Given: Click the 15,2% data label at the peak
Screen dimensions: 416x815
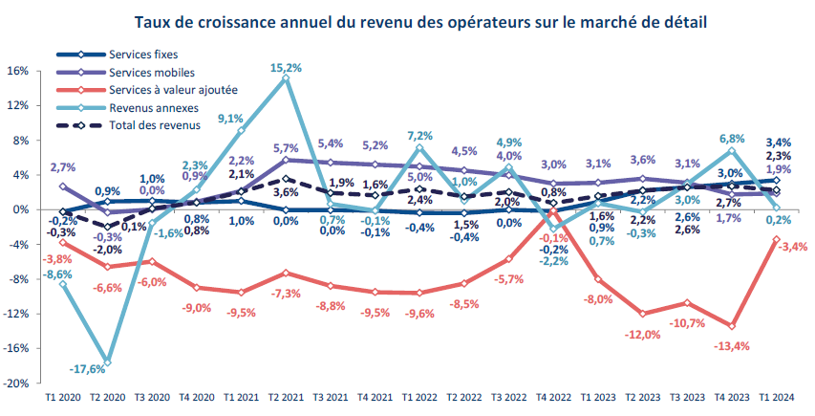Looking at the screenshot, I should tap(287, 68).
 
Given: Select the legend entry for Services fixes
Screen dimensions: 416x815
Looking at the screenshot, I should tap(143, 55).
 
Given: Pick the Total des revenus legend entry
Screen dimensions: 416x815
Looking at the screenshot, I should tap(155, 124).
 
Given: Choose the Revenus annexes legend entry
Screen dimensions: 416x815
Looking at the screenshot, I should tap(151, 107).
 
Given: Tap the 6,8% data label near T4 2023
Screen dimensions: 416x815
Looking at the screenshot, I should tap(732, 138).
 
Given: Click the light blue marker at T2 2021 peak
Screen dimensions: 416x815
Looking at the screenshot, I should tap(286, 79).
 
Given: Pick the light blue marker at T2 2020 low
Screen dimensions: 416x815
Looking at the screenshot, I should tap(108, 362).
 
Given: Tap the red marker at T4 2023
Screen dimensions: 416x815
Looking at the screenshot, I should tap(732, 326).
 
